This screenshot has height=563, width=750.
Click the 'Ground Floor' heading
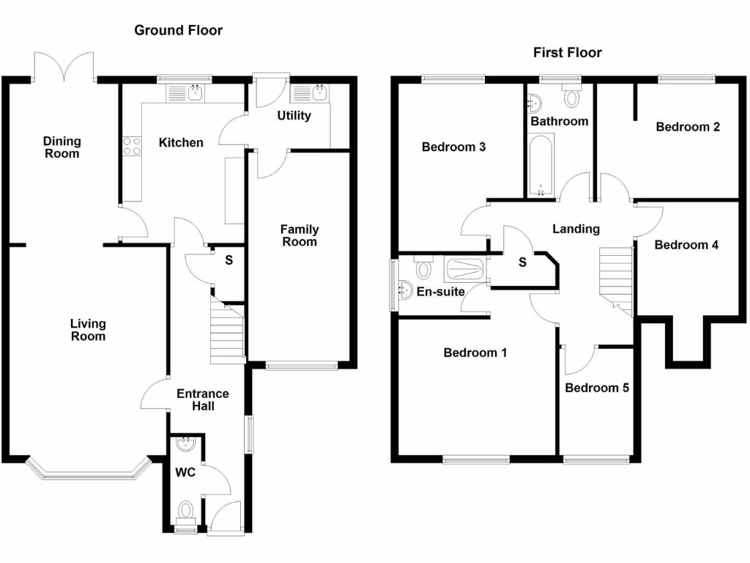point(178,30)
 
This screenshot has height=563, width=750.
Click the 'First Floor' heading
point(567,52)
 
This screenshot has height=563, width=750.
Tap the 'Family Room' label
point(299,235)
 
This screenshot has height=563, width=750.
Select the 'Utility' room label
point(294,116)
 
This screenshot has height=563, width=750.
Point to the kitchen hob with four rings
point(132,146)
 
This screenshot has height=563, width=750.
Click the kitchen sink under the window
point(196,93)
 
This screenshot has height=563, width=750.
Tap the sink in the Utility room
point(320,93)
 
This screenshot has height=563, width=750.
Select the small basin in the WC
point(186,444)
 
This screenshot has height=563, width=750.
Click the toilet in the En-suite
point(423,269)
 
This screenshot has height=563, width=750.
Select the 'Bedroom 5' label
point(597,388)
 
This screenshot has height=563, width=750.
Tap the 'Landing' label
point(576,229)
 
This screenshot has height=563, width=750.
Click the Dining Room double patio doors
point(64,67)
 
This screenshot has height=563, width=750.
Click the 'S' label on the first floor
point(522,263)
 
